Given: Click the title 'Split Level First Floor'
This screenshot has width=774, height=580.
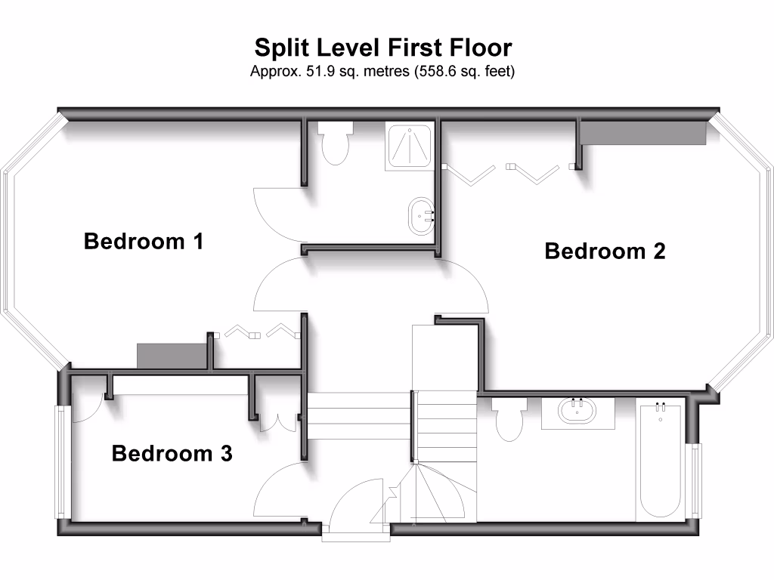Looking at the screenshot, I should tap(382, 48).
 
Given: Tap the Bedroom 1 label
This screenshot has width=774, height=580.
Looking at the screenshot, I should tap(144, 242).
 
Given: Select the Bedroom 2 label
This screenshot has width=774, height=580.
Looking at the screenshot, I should tap(605, 251).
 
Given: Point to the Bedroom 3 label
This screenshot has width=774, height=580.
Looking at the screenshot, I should tap(172, 454).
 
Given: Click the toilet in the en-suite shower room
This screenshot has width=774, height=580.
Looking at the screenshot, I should tap(335, 143).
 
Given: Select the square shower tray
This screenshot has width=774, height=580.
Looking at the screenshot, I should tap(409, 145).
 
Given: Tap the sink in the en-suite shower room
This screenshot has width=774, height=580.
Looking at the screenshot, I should tap(420, 214).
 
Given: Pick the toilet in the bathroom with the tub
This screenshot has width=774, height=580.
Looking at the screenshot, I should tap(509, 418).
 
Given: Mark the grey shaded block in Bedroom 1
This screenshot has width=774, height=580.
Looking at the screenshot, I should tap(172, 356).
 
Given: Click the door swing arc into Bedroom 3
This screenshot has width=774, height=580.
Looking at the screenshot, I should tap(277, 491).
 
